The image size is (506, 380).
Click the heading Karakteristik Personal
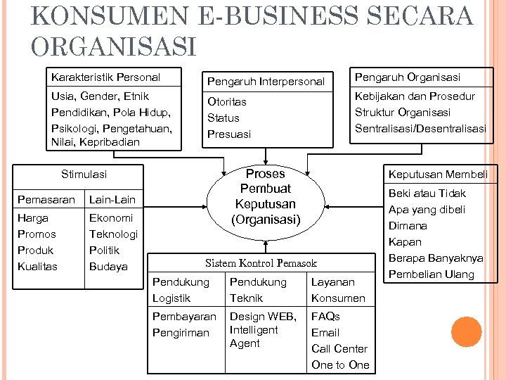tap(105, 77)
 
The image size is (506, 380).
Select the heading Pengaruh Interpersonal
tap(265, 82)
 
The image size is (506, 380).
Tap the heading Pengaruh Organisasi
tap(407, 77)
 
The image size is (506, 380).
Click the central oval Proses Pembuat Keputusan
tap(265, 197)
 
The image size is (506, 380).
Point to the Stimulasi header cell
tap(84, 174)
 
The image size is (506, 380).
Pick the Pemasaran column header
tap(46, 200)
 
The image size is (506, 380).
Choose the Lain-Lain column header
tap(112, 200)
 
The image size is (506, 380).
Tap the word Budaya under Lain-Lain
tap(108, 267)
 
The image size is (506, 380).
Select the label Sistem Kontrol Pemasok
tap(261, 263)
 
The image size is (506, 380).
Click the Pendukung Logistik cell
tap(181, 290)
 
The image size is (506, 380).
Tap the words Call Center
tap(339, 349)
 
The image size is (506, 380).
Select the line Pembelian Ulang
tap(431, 274)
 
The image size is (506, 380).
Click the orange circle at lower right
tap(467, 332)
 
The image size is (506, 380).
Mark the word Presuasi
tap(228, 134)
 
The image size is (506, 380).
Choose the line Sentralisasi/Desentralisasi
tap(420, 129)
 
